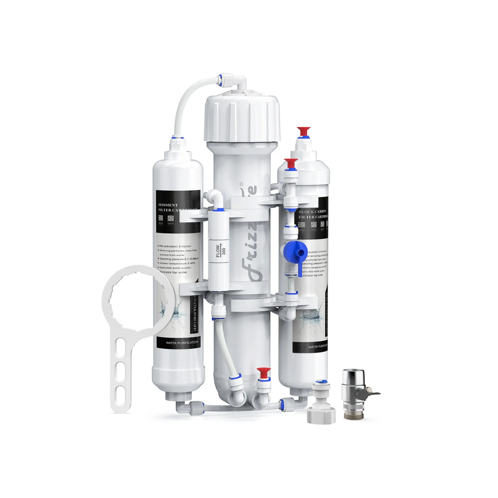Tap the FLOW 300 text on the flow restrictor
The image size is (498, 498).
(x=221, y=251)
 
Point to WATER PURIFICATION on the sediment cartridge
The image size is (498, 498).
(x=182, y=342)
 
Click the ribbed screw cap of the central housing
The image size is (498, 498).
(x=242, y=117)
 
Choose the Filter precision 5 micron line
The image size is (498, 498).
(x=175, y=246)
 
